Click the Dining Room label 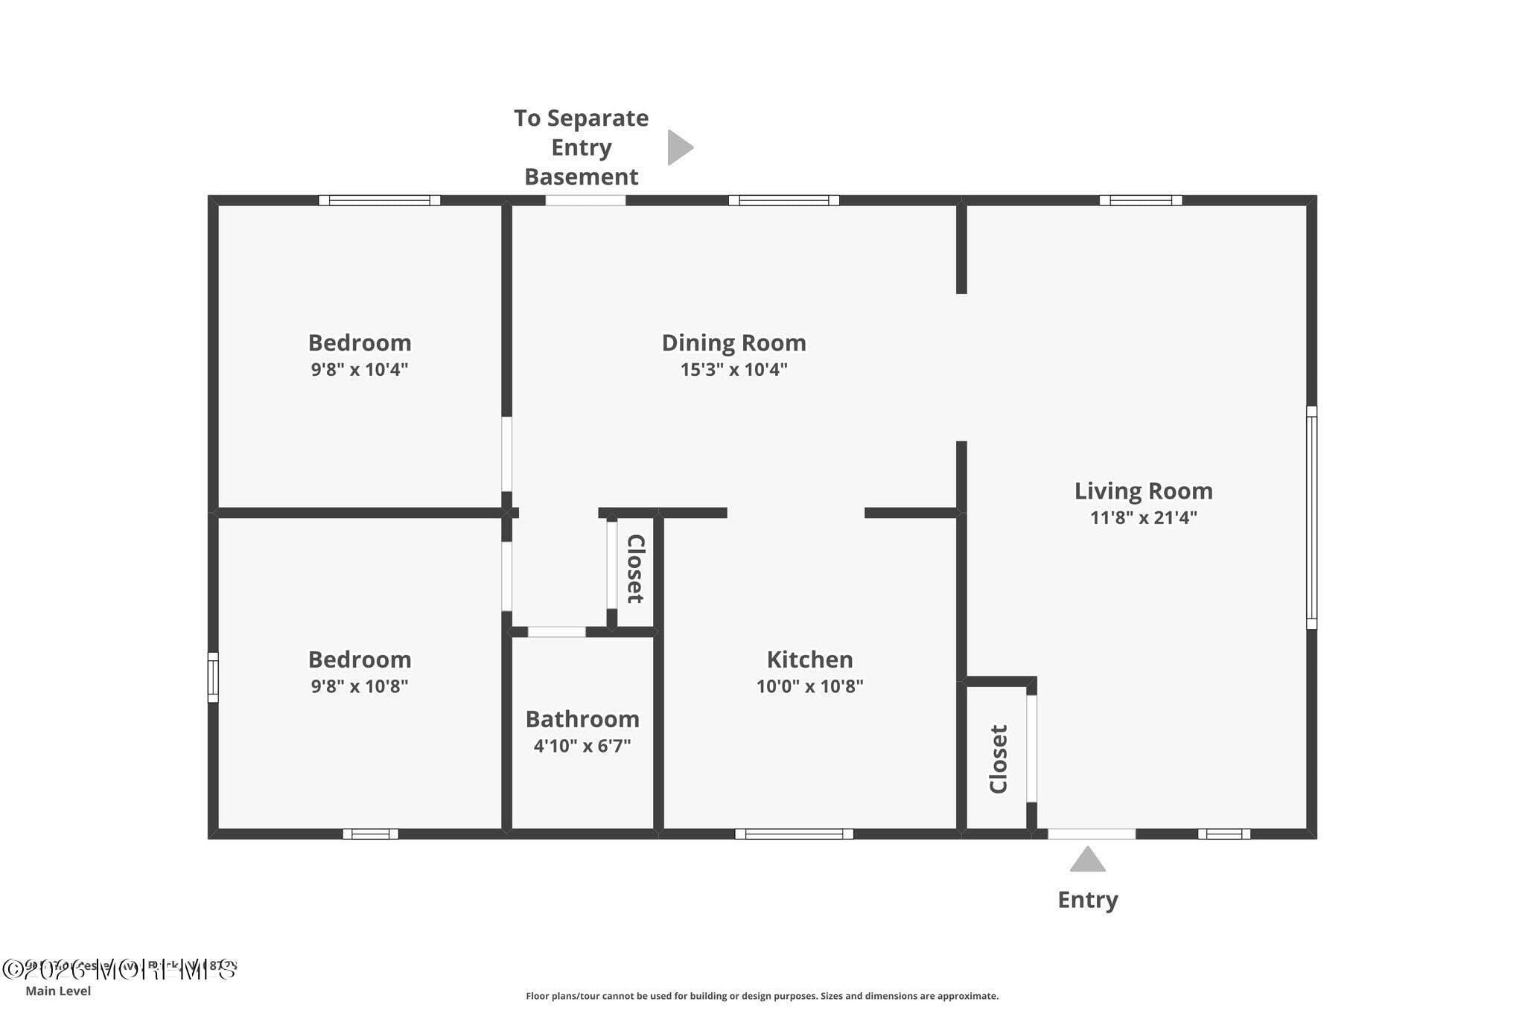coord(733,342)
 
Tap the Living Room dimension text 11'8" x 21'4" coord(1143,517)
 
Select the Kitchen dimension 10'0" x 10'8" coord(809,686)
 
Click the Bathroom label coord(582,719)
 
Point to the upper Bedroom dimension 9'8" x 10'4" coord(360,369)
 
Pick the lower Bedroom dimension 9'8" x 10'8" coord(360,686)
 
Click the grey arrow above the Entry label coord(1087,860)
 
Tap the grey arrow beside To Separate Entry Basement coord(678,147)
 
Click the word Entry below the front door coord(1087,900)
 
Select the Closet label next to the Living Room coord(999,759)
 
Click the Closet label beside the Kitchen coord(635,569)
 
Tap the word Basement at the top coord(582,177)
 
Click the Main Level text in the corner coord(58,991)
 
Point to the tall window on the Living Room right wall coord(1311,517)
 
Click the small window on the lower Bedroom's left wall coord(212,677)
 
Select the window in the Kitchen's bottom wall coord(794,834)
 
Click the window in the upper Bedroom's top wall coord(379,200)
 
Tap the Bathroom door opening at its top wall coord(556,632)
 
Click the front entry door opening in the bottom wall coord(1092,834)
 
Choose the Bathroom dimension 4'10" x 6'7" coord(582,745)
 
